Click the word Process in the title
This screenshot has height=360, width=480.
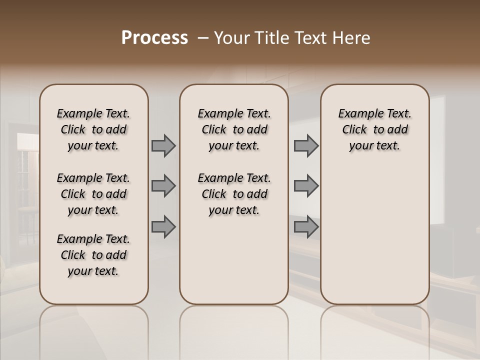(x=154, y=38)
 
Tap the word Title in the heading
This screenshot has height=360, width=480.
(x=270, y=38)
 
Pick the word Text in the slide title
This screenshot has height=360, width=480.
(x=310, y=38)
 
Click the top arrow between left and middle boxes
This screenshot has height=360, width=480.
(x=163, y=145)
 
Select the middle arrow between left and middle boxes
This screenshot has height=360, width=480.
(x=163, y=186)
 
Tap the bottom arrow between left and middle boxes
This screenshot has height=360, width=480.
(x=163, y=226)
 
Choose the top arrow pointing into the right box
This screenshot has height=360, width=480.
(x=306, y=145)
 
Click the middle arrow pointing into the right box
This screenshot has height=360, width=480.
(x=306, y=186)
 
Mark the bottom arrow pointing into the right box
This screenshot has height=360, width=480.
(x=306, y=226)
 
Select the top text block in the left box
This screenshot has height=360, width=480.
(x=93, y=129)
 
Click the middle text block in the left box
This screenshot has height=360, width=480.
(x=93, y=194)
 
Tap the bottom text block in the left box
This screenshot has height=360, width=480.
(x=93, y=255)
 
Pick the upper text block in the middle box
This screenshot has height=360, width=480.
(x=234, y=129)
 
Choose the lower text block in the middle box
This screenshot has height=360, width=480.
(x=234, y=194)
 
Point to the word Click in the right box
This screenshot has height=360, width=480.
(x=354, y=130)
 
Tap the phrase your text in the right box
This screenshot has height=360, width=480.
(x=374, y=146)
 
